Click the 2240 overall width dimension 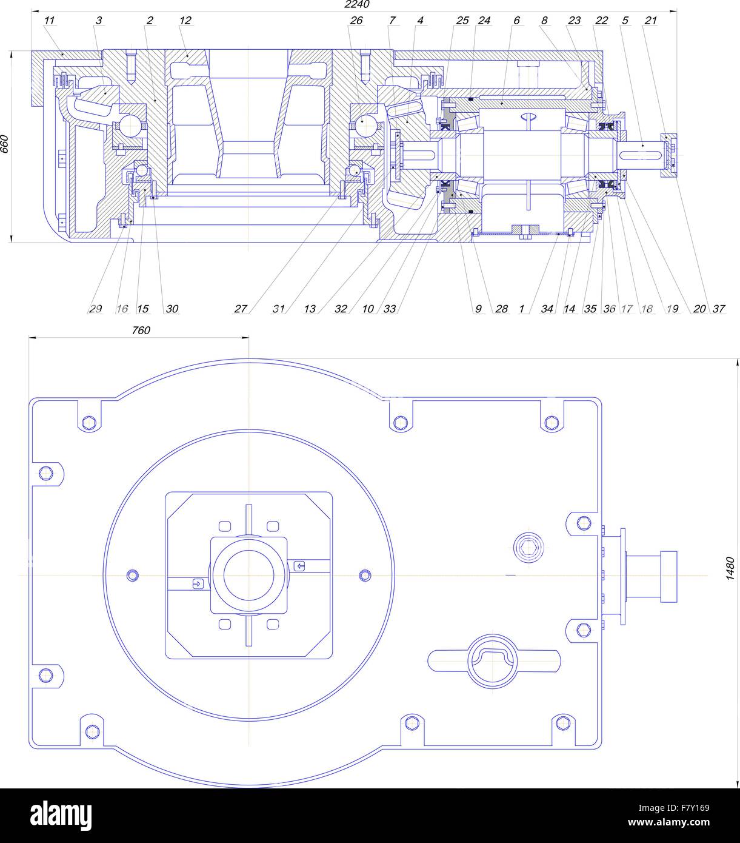coord(356,4)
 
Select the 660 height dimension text coord(5,144)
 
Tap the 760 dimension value coord(141,331)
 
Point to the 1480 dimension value coord(731,569)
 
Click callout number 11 coord(50,21)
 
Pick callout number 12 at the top coord(185,21)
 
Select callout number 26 coord(356,21)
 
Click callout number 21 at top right coord(651,21)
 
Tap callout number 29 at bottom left coord(95,309)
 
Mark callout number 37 coord(719,309)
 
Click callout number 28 coord(501,309)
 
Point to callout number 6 coord(516,21)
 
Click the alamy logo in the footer coord(61,815)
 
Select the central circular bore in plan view coord(248,574)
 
